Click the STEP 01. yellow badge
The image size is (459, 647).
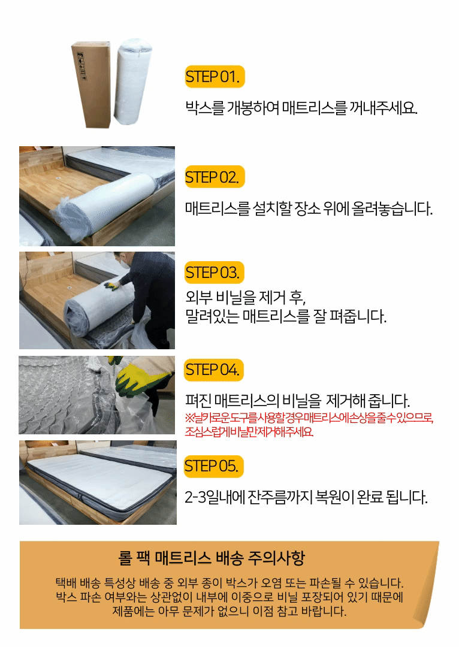tap(215, 77)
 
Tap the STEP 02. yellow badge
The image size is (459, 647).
tap(215, 177)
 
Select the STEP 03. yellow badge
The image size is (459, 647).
tap(215, 273)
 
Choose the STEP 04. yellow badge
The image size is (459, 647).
tap(214, 370)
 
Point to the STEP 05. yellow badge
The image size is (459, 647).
tap(214, 466)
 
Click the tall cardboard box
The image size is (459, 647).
tap(92, 84)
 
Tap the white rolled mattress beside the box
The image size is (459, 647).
tap(132, 81)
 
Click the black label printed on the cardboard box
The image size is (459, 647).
tap(81, 66)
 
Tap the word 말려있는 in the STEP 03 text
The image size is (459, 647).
tap(212, 316)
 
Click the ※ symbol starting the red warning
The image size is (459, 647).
tap(189, 418)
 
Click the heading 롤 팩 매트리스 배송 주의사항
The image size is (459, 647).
tap(212, 558)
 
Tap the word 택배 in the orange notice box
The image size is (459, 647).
tap(66, 583)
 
